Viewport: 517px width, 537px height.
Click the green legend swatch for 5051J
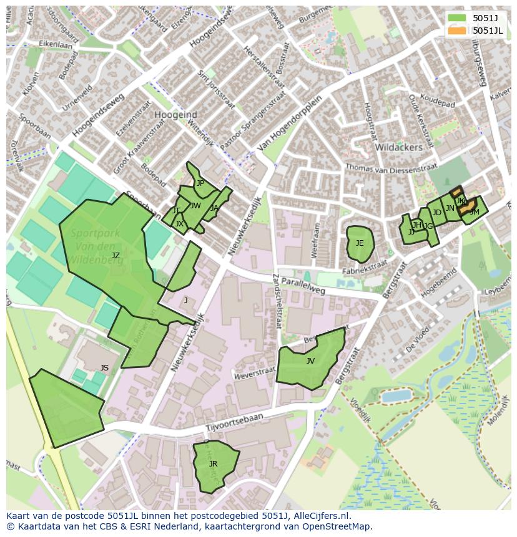click(x=457, y=18)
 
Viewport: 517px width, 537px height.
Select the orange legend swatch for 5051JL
click(x=457, y=31)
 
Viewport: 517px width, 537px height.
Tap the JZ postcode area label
click(x=116, y=256)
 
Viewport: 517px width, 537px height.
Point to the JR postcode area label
click(x=213, y=464)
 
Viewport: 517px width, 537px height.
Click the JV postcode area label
click(x=310, y=361)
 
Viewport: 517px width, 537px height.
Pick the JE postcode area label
click(x=360, y=243)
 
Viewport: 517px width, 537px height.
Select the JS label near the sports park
click(x=104, y=368)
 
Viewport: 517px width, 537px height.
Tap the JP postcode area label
click(x=200, y=183)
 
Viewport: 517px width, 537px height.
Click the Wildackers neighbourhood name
click(x=398, y=147)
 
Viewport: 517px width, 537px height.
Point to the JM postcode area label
click(x=474, y=213)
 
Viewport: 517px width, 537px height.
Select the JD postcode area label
click(x=436, y=213)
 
